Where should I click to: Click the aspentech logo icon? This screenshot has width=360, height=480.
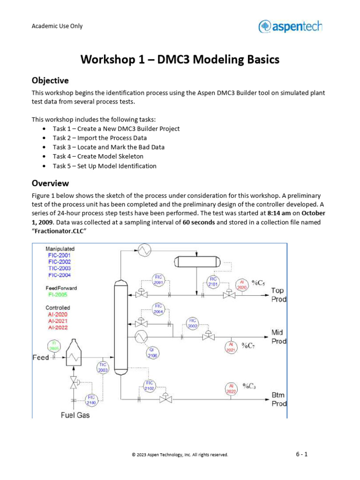tap(264, 26)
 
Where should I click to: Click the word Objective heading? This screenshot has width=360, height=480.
tap(50, 80)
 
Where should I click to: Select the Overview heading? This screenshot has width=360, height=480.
tap(50, 183)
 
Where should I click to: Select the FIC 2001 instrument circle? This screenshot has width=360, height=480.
tap(158, 280)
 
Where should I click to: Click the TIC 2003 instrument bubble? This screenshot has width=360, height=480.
tap(103, 367)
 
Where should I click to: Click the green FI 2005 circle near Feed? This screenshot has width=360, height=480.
tap(54, 346)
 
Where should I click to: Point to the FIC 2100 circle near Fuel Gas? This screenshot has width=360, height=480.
tap(91, 400)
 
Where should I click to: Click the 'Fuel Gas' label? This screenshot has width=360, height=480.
tap(75, 415)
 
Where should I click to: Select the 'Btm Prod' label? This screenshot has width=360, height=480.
tap(278, 399)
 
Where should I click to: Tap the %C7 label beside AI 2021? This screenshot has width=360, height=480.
tap(248, 346)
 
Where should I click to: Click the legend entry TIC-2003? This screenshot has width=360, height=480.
tap(59, 268)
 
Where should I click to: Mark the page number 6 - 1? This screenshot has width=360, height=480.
tap(301, 454)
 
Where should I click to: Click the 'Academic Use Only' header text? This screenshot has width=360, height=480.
tap(57, 26)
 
